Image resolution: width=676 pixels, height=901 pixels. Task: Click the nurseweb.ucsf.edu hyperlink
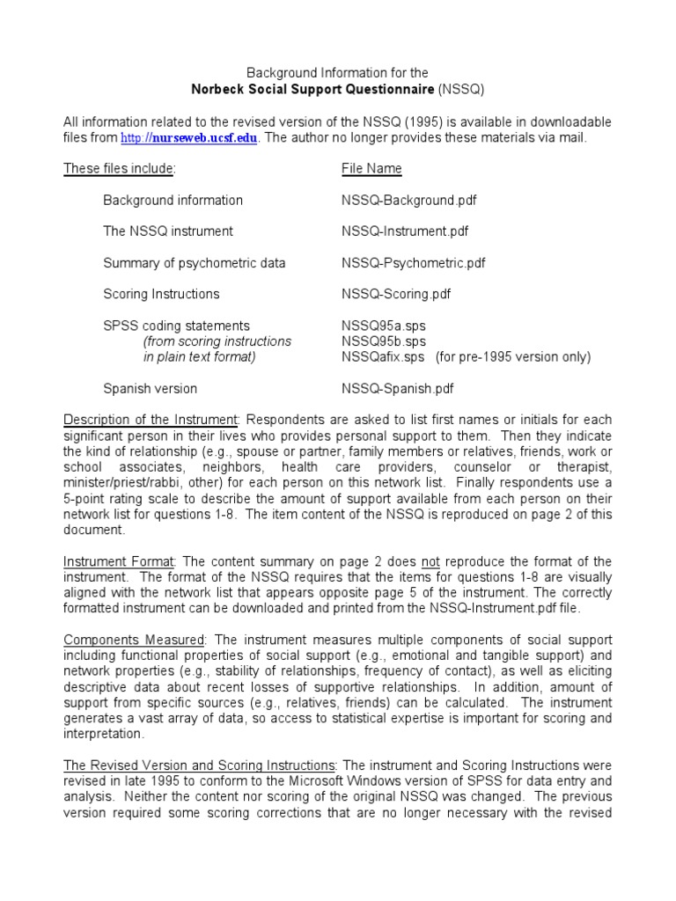(201, 138)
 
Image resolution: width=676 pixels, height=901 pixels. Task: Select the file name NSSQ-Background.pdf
(408, 200)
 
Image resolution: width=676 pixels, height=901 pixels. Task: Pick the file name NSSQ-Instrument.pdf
(405, 231)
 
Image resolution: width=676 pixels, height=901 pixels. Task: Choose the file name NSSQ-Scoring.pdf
(397, 294)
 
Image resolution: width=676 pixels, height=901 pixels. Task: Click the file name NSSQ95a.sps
(383, 326)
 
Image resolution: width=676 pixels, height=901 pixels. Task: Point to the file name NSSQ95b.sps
(383, 341)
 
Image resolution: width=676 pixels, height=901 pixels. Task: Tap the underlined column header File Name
(371, 169)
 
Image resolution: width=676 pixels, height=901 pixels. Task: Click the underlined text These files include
(119, 169)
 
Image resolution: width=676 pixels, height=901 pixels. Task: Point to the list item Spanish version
(151, 388)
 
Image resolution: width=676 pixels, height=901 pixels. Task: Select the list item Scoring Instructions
(161, 294)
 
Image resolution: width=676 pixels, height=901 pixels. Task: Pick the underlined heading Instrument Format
(119, 561)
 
